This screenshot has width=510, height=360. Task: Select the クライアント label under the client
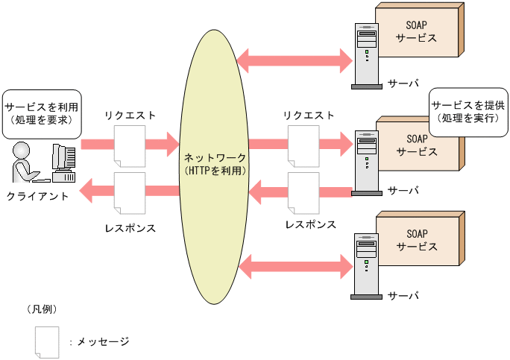38,196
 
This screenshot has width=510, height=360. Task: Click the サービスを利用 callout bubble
42,113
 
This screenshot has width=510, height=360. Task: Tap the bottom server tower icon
366,265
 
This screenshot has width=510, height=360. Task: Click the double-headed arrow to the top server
294,57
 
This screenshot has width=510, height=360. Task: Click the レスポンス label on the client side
130,227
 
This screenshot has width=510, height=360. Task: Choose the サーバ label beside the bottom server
403,296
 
